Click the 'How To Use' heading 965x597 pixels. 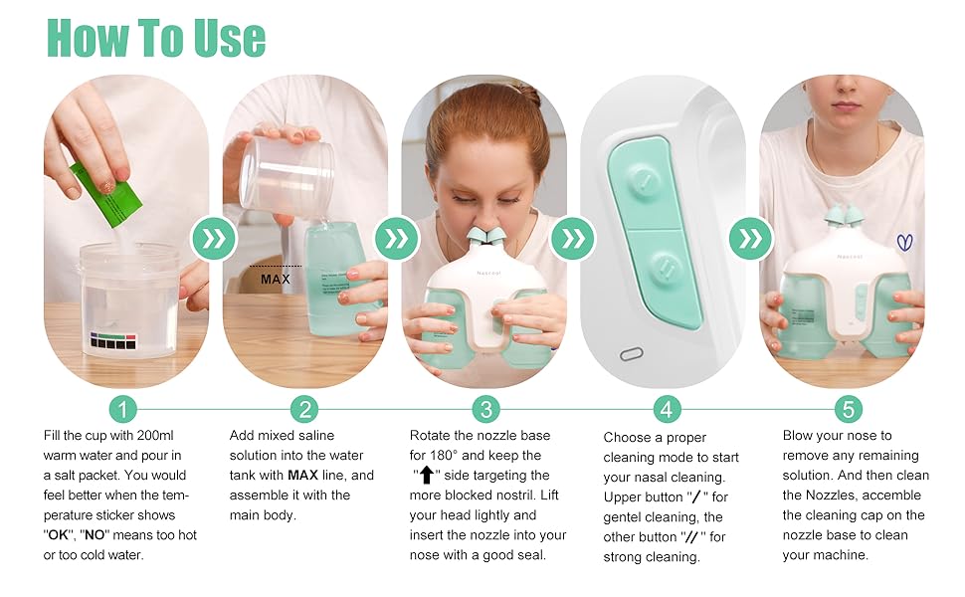pos(156,37)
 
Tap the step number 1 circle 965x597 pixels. pos(121,409)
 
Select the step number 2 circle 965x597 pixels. pos(303,409)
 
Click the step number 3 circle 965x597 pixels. pos(484,409)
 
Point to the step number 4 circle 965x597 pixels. pos(667,409)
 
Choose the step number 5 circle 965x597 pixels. pos(848,409)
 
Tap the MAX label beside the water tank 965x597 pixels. pos(276,280)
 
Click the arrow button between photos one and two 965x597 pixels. pos(216,239)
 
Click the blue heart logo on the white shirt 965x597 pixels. pos(903,242)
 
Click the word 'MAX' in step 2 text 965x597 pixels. pos(303,476)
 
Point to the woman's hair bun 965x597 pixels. pos(526,95)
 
